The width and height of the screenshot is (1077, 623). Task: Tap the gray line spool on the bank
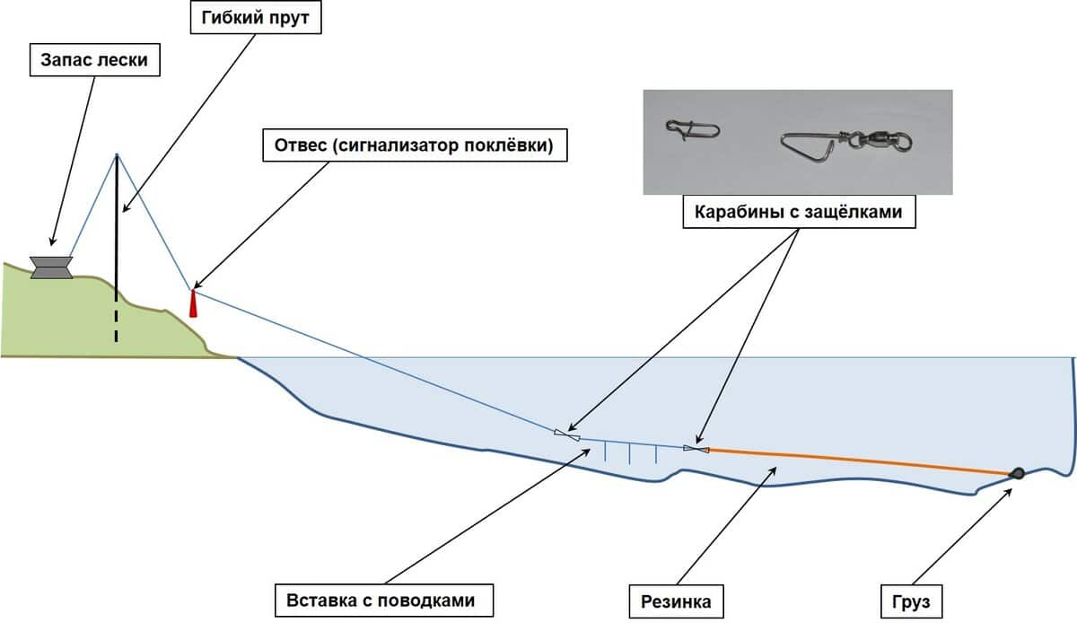tap(51, 267)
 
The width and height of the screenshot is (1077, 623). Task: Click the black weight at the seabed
tap(1018, 473)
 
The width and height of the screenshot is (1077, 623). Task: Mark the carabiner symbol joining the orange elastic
tap(696, 448)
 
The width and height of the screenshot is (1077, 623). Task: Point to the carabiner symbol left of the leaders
tap(566, 435)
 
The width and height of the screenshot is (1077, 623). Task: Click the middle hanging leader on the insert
tap(630, 453)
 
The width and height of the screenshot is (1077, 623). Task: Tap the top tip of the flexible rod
tap(117, 155)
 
